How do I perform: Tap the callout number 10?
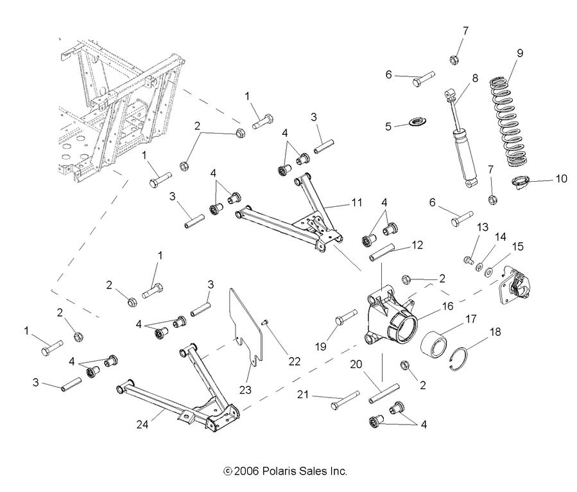click(x=561, y=179)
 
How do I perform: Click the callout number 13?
click(x=482, y=227)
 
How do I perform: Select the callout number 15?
click(x=517, y=247)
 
